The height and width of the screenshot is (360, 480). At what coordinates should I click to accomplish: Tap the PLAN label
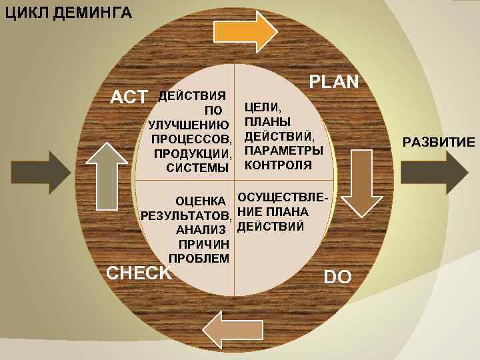[335, 81]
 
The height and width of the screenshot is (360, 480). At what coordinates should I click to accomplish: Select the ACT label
[129, 97]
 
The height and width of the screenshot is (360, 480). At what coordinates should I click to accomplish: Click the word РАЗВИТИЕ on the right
[438, 142]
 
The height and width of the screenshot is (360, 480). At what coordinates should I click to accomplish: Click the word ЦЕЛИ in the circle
[263, 107]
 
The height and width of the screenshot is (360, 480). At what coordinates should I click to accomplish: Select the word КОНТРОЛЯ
[278, 165]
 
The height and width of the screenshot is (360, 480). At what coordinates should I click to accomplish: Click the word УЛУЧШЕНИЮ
[189, 125]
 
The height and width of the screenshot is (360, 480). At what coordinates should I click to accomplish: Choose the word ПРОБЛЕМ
[200, 259]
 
